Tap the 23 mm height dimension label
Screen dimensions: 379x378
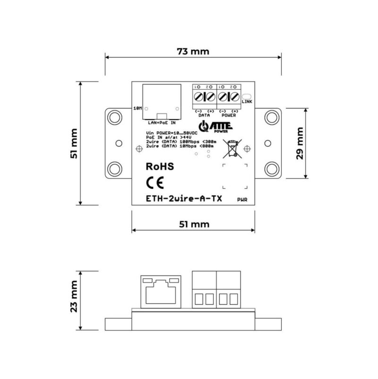click(74, 301)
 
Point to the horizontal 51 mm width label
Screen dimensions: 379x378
click(194, 224)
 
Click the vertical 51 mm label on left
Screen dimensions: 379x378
click(74, 143)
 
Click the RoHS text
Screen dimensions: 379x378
click(160, 167)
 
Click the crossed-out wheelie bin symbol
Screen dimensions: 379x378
click(233, 149)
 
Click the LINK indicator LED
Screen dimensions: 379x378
click(246, 95)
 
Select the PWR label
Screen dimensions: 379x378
click(242, 201)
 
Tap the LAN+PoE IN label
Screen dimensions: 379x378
click(162, 123)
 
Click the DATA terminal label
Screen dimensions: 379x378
click(204, 115)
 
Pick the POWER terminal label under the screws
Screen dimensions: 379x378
click(228, 115)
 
